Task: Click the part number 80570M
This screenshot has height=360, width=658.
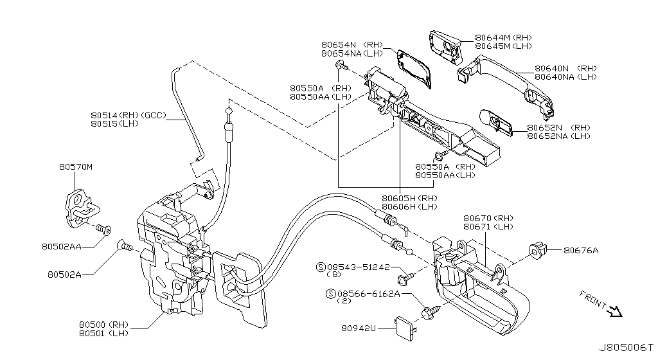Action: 76,167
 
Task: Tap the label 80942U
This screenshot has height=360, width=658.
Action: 359,328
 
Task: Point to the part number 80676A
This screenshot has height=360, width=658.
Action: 581,251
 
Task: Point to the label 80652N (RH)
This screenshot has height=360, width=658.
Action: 558,127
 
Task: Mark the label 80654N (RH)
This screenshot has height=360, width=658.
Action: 347,44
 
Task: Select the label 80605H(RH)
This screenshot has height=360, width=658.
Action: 409,198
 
